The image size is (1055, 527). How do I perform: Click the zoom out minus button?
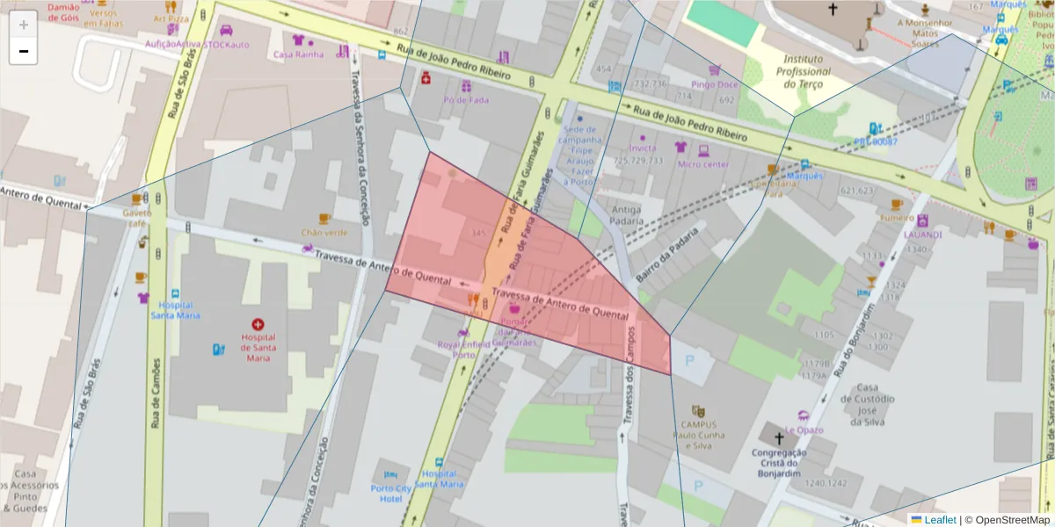click(x=23, y=51)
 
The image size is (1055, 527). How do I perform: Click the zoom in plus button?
click(x=23, y=24)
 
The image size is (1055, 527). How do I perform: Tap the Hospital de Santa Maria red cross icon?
click(x=258, y=324)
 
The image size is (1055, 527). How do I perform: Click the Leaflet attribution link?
click(x=940, y=519)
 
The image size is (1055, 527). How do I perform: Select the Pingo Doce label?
click(x=714, y=85)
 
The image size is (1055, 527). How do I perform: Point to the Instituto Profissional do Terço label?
click(x=804, y=71)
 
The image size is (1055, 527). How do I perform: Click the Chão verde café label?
click(x=324, y=233)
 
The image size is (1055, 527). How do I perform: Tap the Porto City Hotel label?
click(x=391, y=494)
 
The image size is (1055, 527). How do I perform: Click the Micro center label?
click(x=702, y=164)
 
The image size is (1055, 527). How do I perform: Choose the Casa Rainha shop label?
click(x=298, y=54)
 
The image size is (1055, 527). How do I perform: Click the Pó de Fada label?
click(x=466, y=99)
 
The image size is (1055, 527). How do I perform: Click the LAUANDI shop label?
click(x=922, y=235)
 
